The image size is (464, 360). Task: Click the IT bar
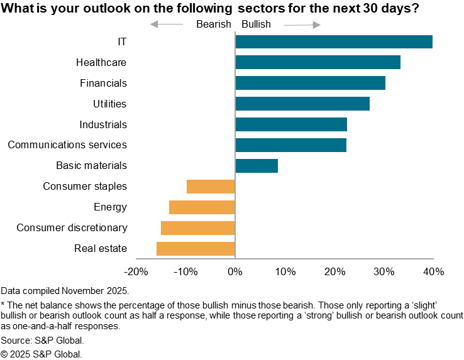[333, 41]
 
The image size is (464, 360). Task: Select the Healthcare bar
[318, 62]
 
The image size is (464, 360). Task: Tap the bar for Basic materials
[257, 166]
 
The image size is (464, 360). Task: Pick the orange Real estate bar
[196, 248]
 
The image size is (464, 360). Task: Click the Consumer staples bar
[211, 187]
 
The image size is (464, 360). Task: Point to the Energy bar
[202, 207]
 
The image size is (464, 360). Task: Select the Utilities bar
[302, 104]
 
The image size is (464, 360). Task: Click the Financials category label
[103, 83]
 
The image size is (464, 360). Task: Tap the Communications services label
[67, 145]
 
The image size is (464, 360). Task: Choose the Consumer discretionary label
[72, 227]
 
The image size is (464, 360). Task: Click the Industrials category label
[103, 124]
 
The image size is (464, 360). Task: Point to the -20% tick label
[136, 272]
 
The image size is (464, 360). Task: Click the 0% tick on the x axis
[235, 272]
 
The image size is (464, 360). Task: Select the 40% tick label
[434, 272]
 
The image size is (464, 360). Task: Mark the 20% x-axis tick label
[334, 272]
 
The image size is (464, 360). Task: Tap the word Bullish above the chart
[256, 24]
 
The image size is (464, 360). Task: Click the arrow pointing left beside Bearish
[167, 24]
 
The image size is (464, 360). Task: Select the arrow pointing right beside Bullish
[302, 24]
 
